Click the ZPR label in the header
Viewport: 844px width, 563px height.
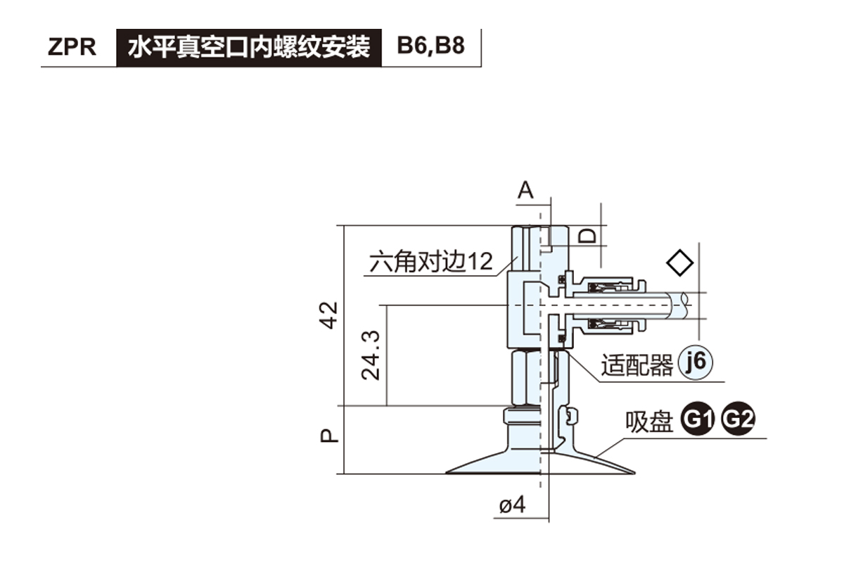(72, 48)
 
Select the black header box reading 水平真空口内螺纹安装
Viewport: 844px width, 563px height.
(248, 48)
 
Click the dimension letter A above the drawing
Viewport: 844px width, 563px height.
(526, 190)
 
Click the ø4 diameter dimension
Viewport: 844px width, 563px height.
(513, 505)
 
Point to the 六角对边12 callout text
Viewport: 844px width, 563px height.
(432, 262)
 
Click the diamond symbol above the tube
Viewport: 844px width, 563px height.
(679, 262)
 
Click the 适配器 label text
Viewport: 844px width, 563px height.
(637, 366)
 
